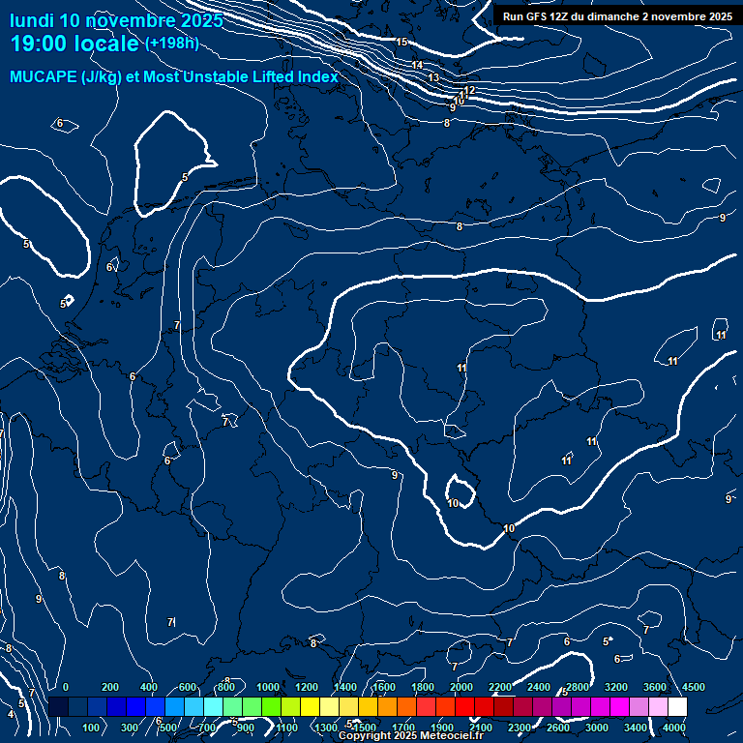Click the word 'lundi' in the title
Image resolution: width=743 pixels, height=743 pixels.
pos(31,20)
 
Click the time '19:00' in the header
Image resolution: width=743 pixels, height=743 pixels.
pos(40,44)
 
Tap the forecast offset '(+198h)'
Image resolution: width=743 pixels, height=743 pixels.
pos(171,43)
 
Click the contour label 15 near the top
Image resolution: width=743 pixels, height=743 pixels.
pos(401,42)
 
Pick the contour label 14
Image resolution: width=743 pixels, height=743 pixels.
pos(418,65)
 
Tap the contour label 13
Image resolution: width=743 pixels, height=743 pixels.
pos(433,77)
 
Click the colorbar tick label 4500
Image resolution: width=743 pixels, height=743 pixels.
pos(694,687)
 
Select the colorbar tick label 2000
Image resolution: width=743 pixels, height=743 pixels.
pos(461,687)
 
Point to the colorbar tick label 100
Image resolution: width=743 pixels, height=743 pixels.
pos(92,728)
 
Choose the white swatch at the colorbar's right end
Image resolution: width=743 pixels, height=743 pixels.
pos(677,707)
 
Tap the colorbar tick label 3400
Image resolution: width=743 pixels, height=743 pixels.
pos(636,728)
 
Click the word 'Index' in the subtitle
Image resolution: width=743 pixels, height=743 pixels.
pos(317,77)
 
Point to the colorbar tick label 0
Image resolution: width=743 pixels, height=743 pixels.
pos(66,687)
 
